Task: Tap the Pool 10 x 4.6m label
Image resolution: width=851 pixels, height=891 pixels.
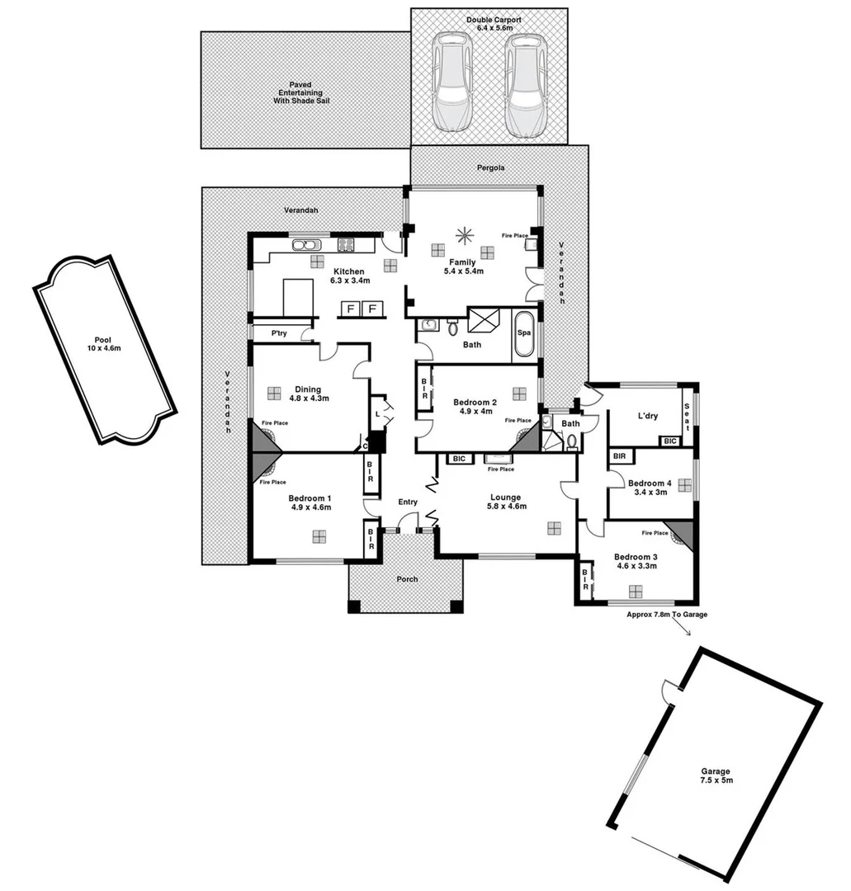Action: click(103, 343)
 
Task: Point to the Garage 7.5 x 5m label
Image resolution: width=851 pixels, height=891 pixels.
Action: click(716, 775)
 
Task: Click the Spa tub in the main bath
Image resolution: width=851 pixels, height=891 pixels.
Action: click(524, 334)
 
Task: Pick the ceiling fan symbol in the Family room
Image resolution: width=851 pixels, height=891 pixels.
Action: click(464, 234)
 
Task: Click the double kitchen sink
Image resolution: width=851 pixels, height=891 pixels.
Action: click(305, 244)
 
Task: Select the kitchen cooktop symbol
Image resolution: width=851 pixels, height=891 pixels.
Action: click(345, 244)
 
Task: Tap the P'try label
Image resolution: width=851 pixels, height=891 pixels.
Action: click(280, 333)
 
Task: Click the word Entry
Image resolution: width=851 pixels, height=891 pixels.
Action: click(408, 502)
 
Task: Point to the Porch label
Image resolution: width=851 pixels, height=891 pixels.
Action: click(407, 579)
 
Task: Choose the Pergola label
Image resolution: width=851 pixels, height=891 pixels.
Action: click(490, 167)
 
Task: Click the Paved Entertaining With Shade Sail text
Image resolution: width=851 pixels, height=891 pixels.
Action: click(305, 93)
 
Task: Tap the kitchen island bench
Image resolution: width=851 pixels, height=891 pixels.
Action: click(298, 297)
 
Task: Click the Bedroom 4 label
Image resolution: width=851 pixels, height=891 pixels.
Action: click(650, 488)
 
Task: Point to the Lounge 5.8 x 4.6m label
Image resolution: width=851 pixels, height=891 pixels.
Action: click(504, 502)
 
